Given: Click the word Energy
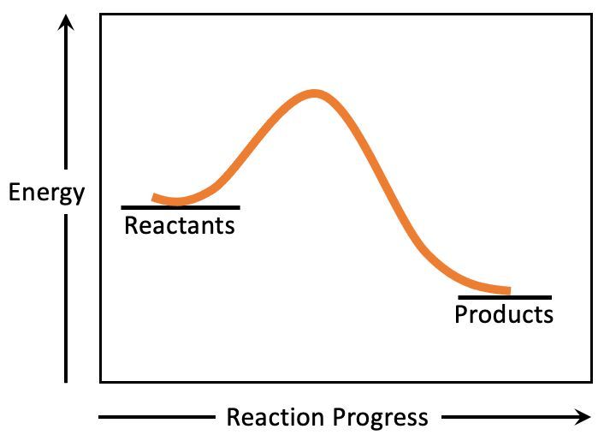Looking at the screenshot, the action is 46,193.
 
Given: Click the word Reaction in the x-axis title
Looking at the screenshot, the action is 275,417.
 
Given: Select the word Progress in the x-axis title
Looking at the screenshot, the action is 381,418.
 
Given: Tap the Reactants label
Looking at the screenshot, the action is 180,225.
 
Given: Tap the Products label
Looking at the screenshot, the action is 504,314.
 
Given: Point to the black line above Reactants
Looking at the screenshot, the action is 181,207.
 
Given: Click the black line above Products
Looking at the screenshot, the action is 505,297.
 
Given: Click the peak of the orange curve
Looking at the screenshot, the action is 315,93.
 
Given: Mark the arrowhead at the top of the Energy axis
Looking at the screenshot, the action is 66,22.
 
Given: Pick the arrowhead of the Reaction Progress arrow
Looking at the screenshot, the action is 583,417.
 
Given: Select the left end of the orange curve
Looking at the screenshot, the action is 153,198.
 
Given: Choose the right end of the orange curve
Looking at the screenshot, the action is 511,291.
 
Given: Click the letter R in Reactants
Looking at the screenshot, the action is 131,225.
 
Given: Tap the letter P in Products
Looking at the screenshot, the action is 461,314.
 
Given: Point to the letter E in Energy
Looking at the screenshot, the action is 15,192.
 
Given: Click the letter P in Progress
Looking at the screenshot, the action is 339,417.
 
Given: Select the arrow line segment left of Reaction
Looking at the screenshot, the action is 157,417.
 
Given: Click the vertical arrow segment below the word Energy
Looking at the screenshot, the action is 66,299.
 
